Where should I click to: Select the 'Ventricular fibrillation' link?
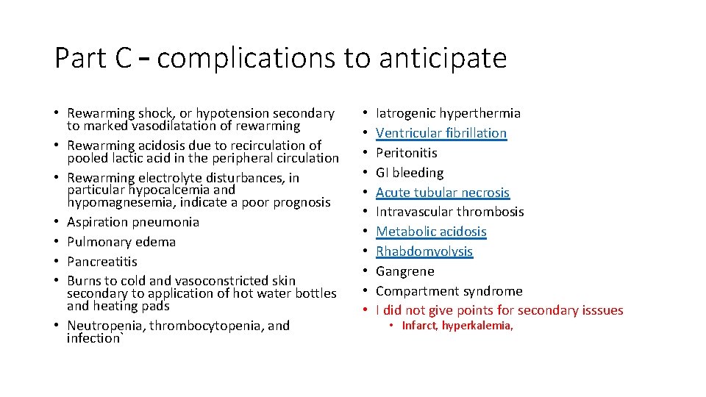441,133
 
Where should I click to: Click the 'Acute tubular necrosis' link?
443,193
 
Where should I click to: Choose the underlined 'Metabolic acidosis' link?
431,232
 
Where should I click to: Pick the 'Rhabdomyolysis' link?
424,251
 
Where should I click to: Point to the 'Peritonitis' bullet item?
406,153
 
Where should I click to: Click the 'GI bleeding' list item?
410,173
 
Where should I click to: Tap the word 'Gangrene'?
405,271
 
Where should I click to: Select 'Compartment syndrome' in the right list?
449,291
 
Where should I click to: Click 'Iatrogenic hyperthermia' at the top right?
448,113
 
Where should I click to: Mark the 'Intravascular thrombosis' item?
449,212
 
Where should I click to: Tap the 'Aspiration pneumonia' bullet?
133,222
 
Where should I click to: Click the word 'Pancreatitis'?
102,262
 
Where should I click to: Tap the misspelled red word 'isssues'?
601,310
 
